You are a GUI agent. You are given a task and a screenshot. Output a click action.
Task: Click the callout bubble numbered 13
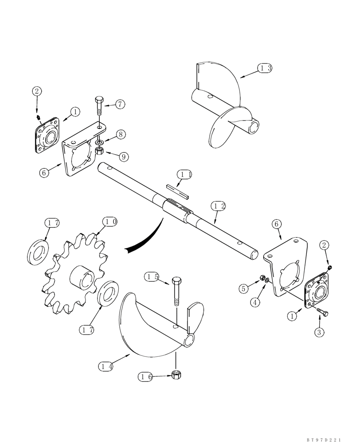265,68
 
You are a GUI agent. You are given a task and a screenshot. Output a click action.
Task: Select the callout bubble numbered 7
120,105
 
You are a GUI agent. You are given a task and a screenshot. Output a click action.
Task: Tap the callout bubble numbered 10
110,221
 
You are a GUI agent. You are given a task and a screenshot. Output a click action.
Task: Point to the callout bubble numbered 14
106,366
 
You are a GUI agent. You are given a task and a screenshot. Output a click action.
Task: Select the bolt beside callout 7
99,109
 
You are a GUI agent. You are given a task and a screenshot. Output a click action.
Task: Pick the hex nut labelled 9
100,153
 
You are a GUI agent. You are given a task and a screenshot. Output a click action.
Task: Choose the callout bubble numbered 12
218,206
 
